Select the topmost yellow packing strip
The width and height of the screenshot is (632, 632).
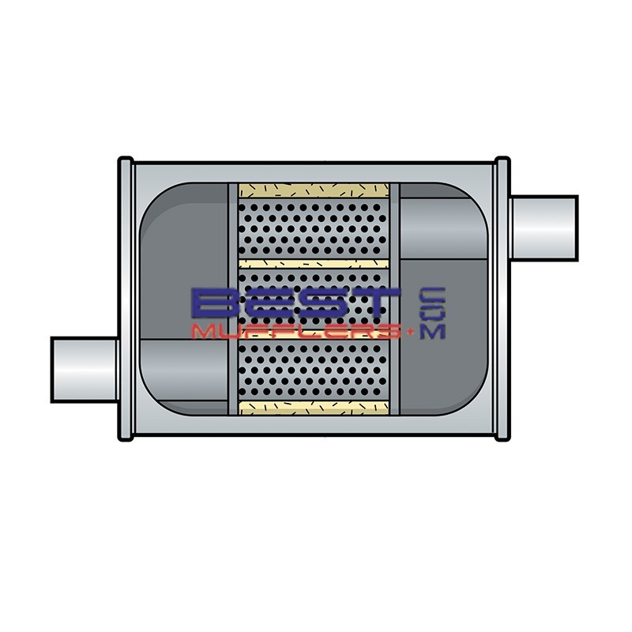pos(314,191)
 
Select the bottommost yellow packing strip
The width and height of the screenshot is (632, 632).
pos(314,408)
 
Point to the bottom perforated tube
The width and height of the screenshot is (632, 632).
pos(314,371)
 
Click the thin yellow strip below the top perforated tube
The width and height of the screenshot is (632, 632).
pos(314,263)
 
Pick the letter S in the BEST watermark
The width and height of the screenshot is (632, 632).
pos(325,304)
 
